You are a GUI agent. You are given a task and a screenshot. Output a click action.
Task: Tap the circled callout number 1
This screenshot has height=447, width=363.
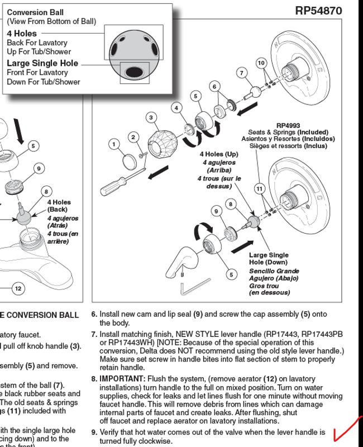coord(114,145)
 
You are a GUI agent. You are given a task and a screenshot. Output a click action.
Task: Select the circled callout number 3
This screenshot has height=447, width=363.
coord(151,117)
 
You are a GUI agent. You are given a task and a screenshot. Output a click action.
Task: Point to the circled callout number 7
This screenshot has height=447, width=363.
coord(242,73)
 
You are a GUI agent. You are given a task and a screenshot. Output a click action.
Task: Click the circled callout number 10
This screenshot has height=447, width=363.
coord(261,63)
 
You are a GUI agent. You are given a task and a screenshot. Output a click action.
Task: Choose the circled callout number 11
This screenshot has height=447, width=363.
coord(259,189)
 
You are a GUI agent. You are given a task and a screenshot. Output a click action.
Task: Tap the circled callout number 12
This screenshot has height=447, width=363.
coord(18,288)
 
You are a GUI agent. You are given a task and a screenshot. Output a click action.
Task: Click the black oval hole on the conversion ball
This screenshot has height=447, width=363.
coord(134,72)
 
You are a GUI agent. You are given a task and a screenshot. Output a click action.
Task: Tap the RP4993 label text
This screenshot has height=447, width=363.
coord(288,125)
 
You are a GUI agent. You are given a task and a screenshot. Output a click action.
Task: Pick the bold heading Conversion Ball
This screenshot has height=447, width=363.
coord(35,12)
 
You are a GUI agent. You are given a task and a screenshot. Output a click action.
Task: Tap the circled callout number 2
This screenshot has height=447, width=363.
coord(133,137)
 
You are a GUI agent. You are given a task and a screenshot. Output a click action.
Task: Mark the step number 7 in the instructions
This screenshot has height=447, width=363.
coord(94,334)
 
